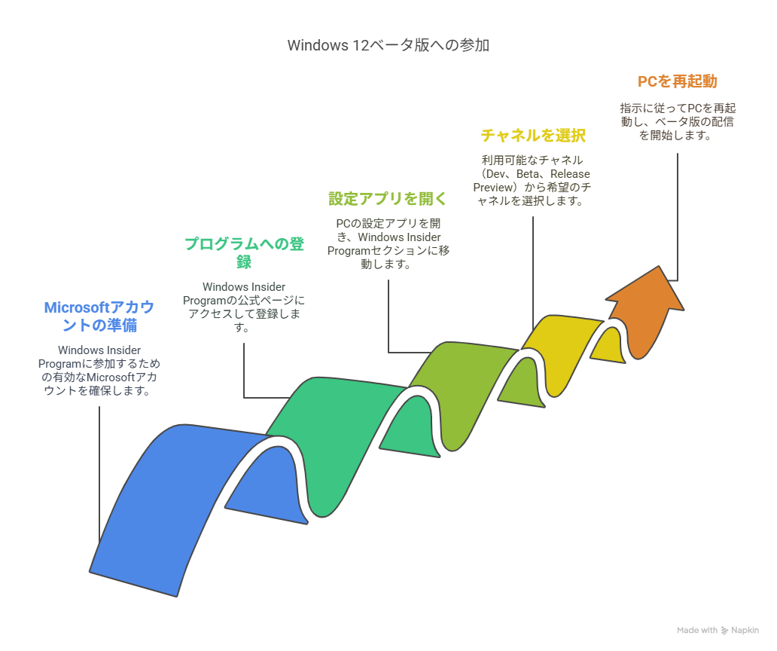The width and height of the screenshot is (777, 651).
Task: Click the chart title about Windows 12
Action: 388,45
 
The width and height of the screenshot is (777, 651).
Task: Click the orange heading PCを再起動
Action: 678,81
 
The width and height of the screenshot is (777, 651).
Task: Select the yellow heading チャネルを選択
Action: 533,136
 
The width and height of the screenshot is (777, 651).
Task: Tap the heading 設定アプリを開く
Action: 388,199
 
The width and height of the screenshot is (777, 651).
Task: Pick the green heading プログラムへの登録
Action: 244,252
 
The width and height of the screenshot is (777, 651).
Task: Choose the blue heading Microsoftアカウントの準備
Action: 99,316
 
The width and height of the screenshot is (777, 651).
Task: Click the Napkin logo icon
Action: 725,631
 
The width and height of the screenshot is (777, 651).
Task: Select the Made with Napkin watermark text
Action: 718,630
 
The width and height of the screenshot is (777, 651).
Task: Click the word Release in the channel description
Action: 570,174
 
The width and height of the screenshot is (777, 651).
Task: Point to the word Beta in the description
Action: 528,174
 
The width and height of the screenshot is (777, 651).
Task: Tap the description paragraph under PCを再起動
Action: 678,121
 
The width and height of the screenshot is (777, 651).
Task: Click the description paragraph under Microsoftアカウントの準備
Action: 99,371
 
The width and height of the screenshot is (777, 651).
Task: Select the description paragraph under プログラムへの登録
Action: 244,307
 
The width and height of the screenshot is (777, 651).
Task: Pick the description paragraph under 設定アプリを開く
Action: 388,244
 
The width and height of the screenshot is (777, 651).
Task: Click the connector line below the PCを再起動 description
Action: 678,217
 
